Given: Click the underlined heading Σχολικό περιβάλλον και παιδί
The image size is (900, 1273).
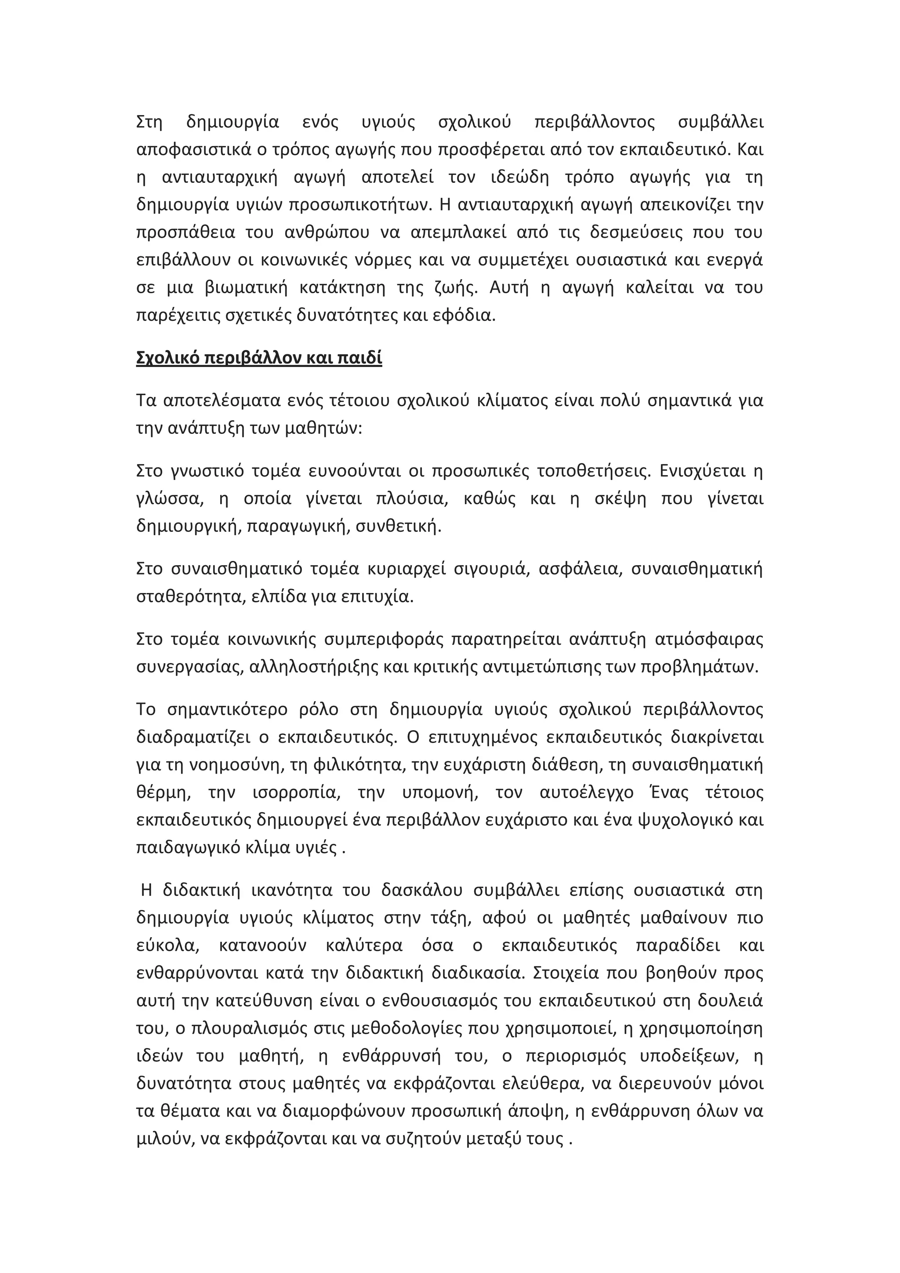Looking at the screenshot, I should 259,359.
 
